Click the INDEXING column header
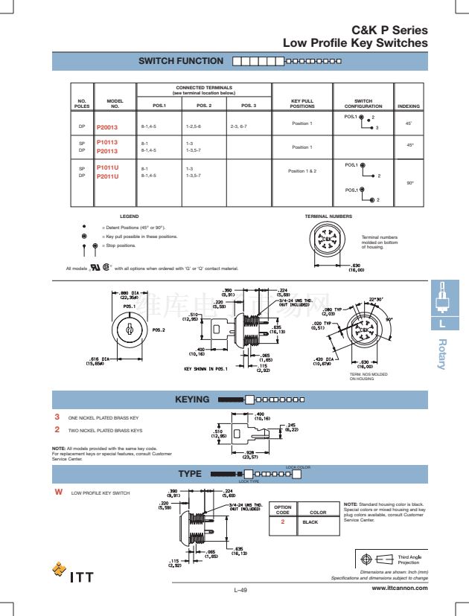coord(409,106)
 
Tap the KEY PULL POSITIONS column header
coord(301,103)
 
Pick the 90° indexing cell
coord(409,182)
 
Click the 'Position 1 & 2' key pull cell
coord(302,171)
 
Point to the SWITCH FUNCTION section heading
coord(181,61)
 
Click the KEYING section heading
coord(192,400)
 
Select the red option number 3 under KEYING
coord(57,418)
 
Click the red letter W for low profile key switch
coord(57,493)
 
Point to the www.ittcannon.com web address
coord(400,588)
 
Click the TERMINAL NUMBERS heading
coord(328,216)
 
